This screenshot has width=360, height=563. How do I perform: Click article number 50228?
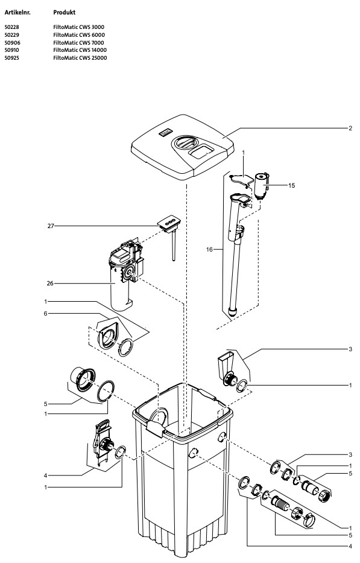(11, 28)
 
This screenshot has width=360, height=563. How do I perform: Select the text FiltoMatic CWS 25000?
(80, 57)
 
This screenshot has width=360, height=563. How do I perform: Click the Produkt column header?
(65, 12)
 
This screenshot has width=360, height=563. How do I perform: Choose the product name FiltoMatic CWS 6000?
(79, 35)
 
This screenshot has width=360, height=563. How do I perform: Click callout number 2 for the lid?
(350, 129)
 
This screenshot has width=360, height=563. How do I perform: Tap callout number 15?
(291, 185)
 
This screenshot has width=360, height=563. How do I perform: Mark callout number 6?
(45, 314)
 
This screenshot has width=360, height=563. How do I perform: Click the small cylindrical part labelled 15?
(261, 184)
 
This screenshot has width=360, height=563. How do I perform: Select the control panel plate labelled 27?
(169, 224)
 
